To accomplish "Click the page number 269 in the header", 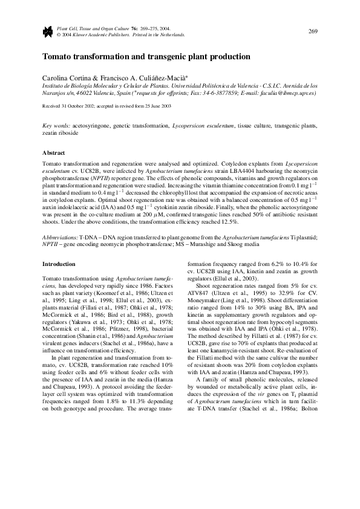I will pyautogui.click(x=313, y=31).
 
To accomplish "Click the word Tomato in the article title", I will pyautogui.click(x=57, y=57).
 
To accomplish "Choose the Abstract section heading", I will pyautogui.click(x=53, y=153).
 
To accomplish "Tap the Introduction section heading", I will pyautogui.click(x=59, y=264).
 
